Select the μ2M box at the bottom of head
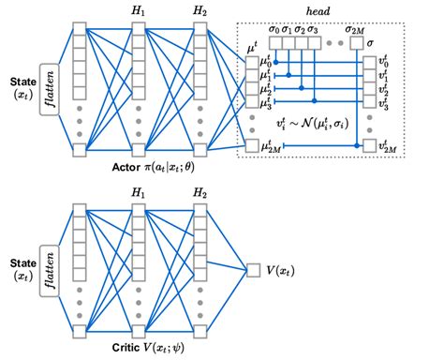pyautogui.click(x=253, y=145)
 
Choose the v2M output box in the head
pyautogui.click(x=372, y=145)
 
